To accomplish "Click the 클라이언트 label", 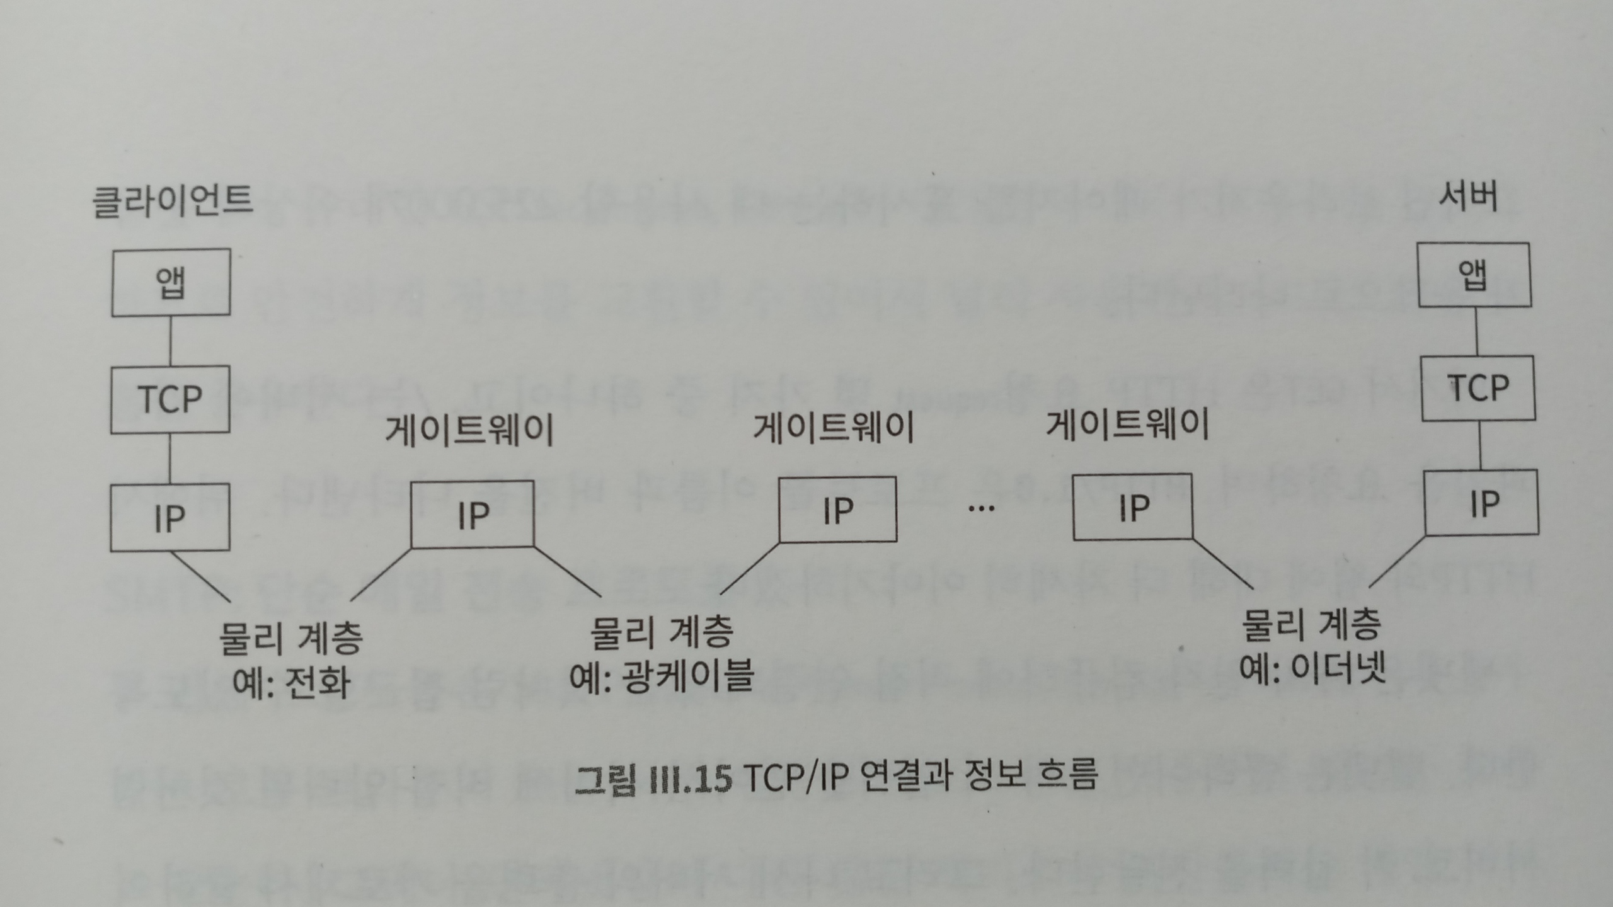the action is tap(172, 200).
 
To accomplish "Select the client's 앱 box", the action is tap(171, 282).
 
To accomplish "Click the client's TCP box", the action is tap(170, 399).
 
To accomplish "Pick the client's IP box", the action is tap(170, 518).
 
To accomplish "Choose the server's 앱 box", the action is tap(1474, 275).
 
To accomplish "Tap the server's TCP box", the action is tap(1478, 388).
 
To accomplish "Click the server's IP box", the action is tap(1481, 503).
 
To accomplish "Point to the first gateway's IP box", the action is tap(473, 515).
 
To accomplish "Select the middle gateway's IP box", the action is tap(837, 510).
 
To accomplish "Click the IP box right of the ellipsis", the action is tap(1132, 508).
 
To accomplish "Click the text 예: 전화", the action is tap(291, 682).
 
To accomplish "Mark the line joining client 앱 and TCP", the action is tap(171, 341).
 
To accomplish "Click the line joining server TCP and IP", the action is tap(1480, 445).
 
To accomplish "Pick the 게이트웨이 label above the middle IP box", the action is tap(834, 428).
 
